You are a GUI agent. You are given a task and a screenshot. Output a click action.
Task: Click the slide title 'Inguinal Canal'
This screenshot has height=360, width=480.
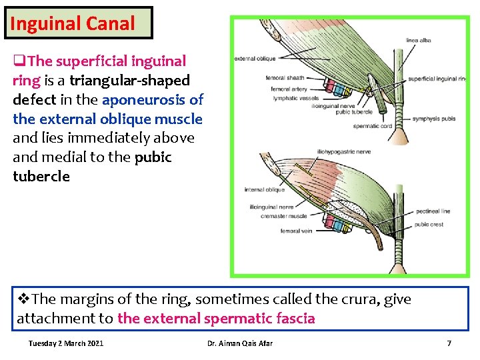pos(73,24)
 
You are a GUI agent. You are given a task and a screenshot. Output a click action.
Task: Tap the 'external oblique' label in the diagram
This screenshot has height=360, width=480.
pos(255,59)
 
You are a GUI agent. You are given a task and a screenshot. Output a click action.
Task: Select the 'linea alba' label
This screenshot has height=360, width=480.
pos(418,41)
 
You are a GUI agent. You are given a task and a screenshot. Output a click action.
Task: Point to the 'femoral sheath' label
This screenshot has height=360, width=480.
pos(285,78)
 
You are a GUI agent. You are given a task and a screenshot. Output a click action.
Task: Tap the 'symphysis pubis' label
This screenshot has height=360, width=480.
pos(434,119)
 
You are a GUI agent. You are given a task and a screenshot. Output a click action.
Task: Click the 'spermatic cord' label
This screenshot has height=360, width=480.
pos(372,125)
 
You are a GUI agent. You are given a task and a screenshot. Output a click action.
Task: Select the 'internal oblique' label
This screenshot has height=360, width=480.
pos(265,190)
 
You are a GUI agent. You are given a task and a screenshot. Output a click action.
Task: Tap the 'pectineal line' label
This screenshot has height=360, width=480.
pos(432,211)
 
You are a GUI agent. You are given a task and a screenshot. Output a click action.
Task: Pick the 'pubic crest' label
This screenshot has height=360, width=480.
pos(429,225)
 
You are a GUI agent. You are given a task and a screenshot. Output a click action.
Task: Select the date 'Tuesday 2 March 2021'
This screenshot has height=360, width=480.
pos(66,343)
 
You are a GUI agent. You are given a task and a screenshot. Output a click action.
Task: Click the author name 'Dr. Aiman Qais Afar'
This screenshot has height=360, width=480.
pos(240,343)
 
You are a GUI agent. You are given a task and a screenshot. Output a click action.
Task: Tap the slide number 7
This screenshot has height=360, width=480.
pos(449,343)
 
